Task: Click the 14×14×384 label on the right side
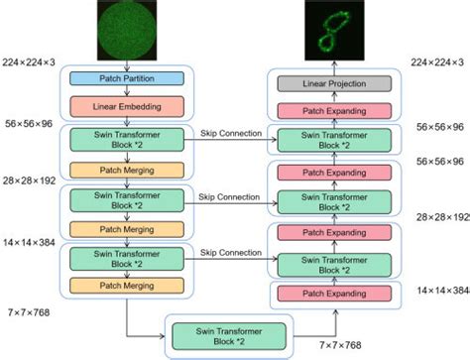[x=442, y=291]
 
